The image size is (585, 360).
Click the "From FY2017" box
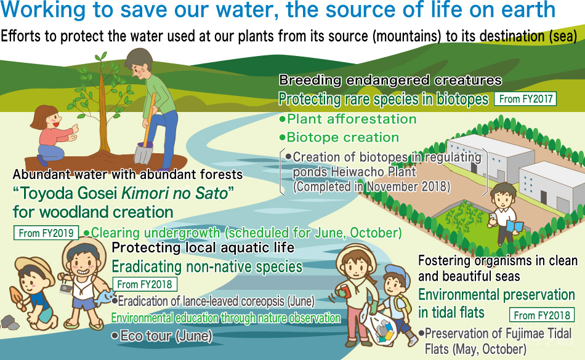[x=525, y=98]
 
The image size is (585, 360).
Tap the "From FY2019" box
[x=46, y=233]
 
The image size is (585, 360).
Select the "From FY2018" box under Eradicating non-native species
[x=145, y=284]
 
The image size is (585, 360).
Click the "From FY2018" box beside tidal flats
[x=542, y=315]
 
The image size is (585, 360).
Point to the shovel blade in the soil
[x=143, y=154]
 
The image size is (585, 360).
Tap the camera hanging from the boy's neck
[x=66, y=289]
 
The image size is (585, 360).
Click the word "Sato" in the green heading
[x=212, y=193]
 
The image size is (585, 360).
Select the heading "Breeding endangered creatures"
[x=390, y=80]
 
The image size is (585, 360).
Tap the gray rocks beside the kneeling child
[x=10, y=322]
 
